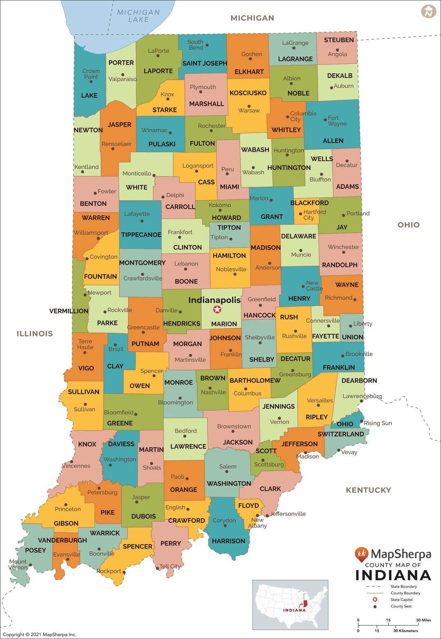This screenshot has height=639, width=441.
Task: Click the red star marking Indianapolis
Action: click(x=217, y=310)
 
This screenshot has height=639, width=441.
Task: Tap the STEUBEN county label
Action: click(x=339, y=40)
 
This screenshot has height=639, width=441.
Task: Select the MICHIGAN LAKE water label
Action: click(x=138, y=16)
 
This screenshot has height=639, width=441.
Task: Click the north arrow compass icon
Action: click(x=428, y=11)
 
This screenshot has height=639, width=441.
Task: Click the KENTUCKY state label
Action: click(x=368, y=490)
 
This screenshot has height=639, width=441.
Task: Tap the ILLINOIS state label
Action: click(x=35, y=334)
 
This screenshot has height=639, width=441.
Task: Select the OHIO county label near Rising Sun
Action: click(x=345, y=424)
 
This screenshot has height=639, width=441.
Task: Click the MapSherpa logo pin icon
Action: click(x=361, y=554)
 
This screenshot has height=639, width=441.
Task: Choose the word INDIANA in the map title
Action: click(x=393, y=575)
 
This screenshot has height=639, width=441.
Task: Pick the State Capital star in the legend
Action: click(x=375, y=599)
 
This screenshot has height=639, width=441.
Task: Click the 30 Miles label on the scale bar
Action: click(x=423, y=620)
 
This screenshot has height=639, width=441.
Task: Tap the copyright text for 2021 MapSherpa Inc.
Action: click(x=39, y=635)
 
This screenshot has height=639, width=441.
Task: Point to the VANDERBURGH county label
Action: click(x=62, y=540)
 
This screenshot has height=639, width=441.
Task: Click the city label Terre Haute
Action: click(x=85, y=344)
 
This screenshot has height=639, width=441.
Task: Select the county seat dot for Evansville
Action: click(x=68, y=559)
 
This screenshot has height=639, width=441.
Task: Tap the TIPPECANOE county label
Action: click(x=141, y=235)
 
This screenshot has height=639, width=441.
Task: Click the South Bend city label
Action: click(x=196, y=45)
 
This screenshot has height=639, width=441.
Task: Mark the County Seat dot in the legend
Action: click(x=375, y=606)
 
